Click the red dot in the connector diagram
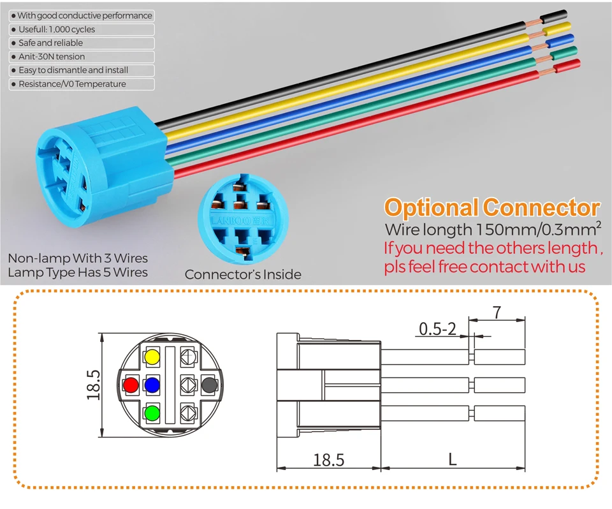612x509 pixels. click(x=131, y=385)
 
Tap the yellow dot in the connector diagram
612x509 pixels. click(x=152, y=357)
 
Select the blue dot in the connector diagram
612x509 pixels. click(x=152, y=385)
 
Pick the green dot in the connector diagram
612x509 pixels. click(x=152, y=413)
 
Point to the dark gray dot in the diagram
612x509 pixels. click(x=209, y=385)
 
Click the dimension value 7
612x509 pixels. click(x=497, y=313)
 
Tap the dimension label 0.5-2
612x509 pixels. click(x=437, y=329)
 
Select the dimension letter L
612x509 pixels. click(x=453, y=459)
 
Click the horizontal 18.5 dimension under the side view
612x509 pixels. click(x=329, y=460)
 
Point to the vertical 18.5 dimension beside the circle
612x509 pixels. click(x=94, y=385)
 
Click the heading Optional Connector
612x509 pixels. click(x=492, y=207)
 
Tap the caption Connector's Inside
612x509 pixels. click(x=243, y=274)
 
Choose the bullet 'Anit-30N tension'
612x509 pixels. click(x=52, y=57)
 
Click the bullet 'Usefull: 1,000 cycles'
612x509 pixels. click(x=57, y=29)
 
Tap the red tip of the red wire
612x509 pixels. click(x=567, y=66)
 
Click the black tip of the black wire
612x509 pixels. click(x=553, y=17)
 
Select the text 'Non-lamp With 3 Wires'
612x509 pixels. click(x=78, y=258)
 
